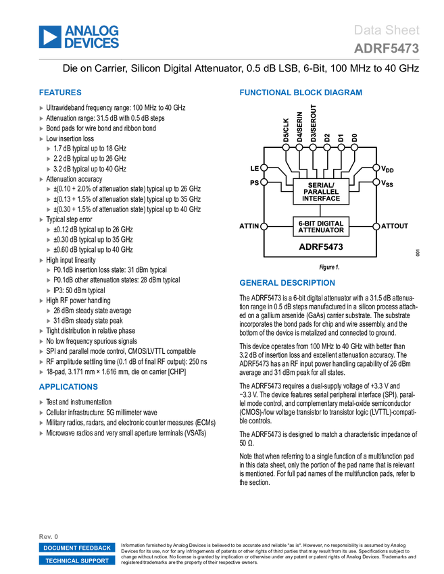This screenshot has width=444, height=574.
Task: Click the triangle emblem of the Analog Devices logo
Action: click(x=49, y=36)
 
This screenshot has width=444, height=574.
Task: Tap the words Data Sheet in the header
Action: click(x=387, y=30)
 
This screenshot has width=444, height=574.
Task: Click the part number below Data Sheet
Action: click(x=386, y=49)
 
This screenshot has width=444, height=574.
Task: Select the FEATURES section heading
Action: click(x=60, y=93)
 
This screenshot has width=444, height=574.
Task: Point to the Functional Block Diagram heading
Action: click(x=300, y=93)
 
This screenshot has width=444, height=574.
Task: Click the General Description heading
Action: click(x=287, y=283)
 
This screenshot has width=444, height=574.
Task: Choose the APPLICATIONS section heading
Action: click(x=68, y=387)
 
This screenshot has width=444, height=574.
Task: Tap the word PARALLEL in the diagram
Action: click(x=321, y=192)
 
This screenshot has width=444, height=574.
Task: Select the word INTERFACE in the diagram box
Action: click(x=321, y=199)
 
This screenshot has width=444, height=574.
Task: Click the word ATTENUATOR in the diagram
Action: click(x=321, y=230)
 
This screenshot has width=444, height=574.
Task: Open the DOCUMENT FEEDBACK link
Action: click(x=77, y=548)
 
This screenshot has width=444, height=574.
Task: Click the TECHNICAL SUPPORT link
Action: click(x=77, y=560)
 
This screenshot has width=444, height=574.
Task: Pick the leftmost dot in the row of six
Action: click(x=286, y=147)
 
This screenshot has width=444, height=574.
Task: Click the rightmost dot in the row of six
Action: click(x=354, y=147)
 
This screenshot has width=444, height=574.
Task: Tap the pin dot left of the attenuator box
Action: click(x=264, y=226)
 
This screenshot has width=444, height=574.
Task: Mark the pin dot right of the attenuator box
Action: click(x=376, y=226)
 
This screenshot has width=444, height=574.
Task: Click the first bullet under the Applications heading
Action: click(x=41, y=402)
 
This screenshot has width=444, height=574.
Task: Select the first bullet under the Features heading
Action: click(x=41, y=108)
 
